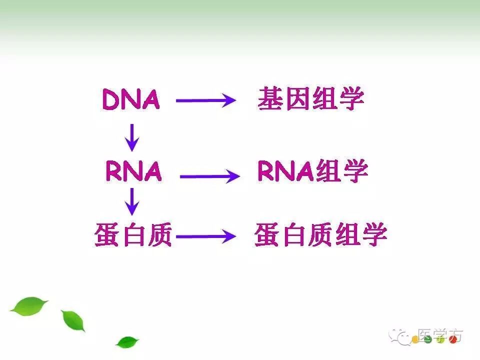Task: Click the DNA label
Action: pos(131,99)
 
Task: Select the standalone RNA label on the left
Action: pos(133,171)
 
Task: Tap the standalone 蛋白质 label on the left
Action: pos(133,235)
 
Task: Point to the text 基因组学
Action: pos(310,99)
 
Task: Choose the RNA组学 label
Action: pos(312,171)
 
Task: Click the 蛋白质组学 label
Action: pos(320,235)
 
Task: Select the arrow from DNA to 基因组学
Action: pos(205,100)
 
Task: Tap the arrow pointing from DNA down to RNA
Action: pos(132,136)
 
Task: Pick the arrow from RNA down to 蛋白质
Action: pos(132,201)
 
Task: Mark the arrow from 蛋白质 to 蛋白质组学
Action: pos(205,236)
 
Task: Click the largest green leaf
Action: pos(29,305)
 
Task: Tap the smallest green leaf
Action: pos(127,342)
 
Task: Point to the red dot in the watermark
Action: pos(453,340)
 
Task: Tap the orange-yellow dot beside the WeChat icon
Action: pos(414,340)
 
